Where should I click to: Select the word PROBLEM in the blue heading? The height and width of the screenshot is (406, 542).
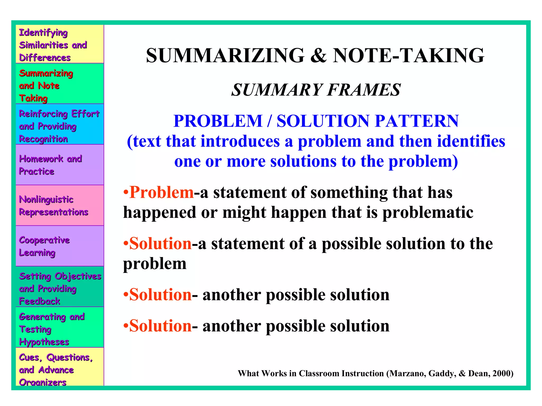point(218,121)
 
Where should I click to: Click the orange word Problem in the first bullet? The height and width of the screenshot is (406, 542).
point(162,192)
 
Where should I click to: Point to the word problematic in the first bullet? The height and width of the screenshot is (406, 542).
point(428,213)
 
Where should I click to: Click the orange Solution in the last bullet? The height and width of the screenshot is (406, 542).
point(160,326)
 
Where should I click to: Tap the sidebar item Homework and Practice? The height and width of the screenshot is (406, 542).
point(50,165)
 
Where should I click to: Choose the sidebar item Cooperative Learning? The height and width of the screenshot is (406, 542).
point(44,246)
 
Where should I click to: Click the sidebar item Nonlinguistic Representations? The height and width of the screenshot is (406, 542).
point(53,206)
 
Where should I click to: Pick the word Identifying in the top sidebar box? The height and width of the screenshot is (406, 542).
point(43,33)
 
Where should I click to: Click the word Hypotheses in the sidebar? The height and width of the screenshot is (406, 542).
point(44,342)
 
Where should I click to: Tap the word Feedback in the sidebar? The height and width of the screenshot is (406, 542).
point(40,301)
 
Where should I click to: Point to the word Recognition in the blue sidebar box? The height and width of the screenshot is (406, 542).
point(43,139)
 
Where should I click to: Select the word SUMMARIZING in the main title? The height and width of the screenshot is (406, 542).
point(225,56)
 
